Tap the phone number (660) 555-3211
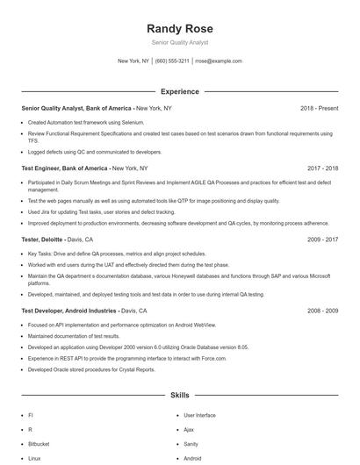[172, 61]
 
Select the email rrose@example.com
[218, 61]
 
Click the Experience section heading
[179, 91]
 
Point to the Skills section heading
[179, 397]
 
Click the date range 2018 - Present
[319, 108]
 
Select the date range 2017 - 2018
[322, 168]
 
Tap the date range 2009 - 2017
[322, 239]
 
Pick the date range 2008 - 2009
[322, 311]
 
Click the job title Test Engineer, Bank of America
[65, 168]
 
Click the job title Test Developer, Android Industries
[68, 311]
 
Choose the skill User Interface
[199, 415]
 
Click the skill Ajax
[189, 430]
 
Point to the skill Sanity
[191, 444]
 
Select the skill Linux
[34, 458]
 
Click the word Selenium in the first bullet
[133, 123]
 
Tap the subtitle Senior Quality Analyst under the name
[179, 42]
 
